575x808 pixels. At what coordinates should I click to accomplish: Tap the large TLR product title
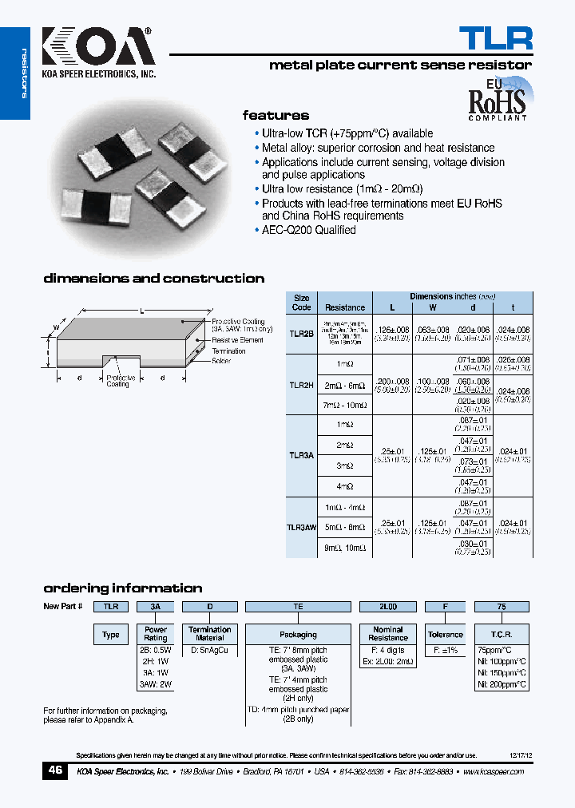(x=495, y=38)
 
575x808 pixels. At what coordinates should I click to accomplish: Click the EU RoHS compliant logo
(x=496, y=99)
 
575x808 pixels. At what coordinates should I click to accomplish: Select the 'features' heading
(x=276, y=115)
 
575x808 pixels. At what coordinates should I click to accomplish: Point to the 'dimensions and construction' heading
(x=153, y=279)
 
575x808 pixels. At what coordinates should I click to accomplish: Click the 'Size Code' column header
(x=301, y=303)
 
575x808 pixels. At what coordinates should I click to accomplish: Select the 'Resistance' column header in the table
(x=345, y=307)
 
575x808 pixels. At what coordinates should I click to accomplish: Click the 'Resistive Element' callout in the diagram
(x=237, y=340)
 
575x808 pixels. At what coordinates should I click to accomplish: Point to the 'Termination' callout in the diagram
(x=229, y=351)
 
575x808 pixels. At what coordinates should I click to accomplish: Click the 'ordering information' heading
(x=122, y=588)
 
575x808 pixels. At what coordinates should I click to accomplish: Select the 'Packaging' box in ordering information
(x=298, y=635)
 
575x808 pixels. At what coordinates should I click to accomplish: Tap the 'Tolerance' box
(x=445, y=635)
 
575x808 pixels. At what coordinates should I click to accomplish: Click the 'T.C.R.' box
(x=502, y=635)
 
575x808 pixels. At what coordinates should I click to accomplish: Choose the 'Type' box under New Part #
(x=111, y=635)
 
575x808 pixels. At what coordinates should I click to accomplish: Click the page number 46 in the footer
(x=55, y=771)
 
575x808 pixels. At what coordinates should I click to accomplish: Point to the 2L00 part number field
(x=388, y=607)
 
